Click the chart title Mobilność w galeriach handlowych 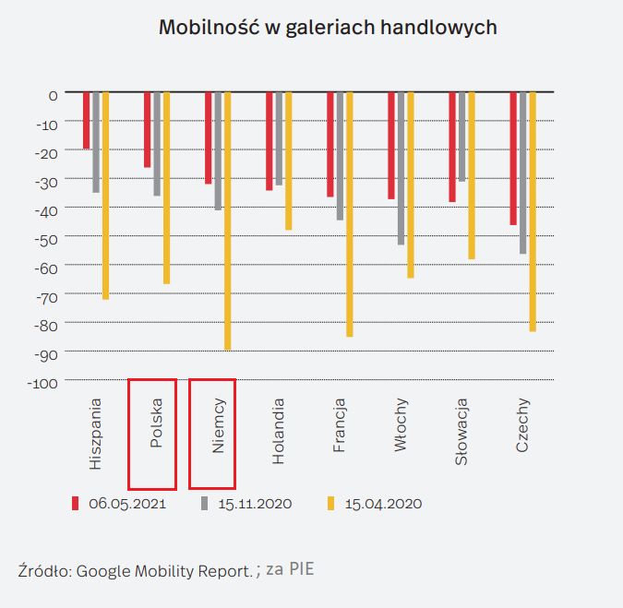(328, 28)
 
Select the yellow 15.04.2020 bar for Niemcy (227, 221)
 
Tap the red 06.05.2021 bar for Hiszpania (87, 120)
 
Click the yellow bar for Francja (349, 214)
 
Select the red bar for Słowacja (452, 147)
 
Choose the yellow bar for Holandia (288, 161)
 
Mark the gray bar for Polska (157, 144)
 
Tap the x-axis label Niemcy (218, 425)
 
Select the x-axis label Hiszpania (96, 434)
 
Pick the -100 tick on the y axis (43, 382)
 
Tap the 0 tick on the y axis (54, 94)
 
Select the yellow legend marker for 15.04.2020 (330, 504)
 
